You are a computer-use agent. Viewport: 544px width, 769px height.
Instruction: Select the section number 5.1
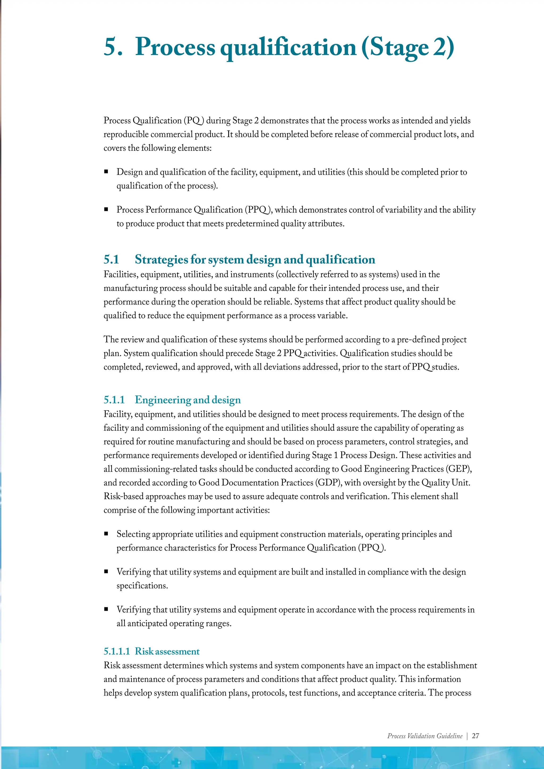(111, 260)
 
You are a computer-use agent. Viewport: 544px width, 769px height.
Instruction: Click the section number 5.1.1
(114, 400)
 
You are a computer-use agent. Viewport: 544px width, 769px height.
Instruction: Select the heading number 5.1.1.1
(117, 651)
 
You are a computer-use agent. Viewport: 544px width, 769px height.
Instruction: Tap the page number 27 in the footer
(475, 736)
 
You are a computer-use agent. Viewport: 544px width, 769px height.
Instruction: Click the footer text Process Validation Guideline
(424, 736)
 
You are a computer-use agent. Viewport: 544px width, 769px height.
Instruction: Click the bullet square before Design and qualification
(106, 172)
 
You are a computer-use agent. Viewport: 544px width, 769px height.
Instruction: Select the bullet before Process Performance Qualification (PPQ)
(106, 209)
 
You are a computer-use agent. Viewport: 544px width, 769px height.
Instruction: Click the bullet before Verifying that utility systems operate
(106, 609)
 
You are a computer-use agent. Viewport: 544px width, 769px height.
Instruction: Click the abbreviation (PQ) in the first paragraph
(194, 121)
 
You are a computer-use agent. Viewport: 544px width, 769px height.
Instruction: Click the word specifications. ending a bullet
(142, 586)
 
